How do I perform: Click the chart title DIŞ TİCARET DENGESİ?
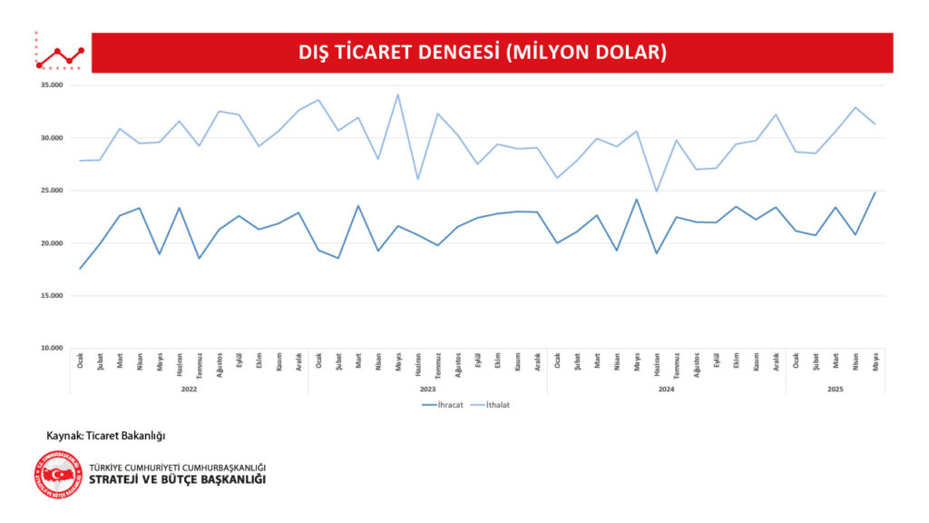pyautogui.click(x=482, y=53)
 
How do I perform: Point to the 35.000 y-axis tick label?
pyautogui.click(x=51, y=85)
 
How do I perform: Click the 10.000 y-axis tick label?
pyautogui.click(x=51, y=348)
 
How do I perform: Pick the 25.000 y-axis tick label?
pyautogui.click(x=51, y=191)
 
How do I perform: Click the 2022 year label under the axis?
pyautogui.click(x=189, y=389)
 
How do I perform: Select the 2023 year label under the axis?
pyautogui.click(x=427, y=389)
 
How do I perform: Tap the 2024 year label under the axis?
pyautogui.click(x=666, y=389)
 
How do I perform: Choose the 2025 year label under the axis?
pyautogui.click(x=835, y=389)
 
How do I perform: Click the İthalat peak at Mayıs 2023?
pyautogui.click(x=397, y=94)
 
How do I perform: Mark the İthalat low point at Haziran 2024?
pyautogui.click(x=656, y=192)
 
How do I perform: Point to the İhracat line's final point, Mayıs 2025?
pyautogui.click(x=875, y=192)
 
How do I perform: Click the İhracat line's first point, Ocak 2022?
pyautogui.click(x=80, y=269)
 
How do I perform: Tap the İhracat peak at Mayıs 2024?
pyautogui.click(x=636, y=199)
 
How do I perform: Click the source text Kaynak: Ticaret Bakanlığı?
pyautogui.click(x=106, y=436)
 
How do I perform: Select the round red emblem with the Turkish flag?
pyautogui.click(x=57, y=474)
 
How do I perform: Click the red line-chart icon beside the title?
pyautogui.click(x=59, y=54)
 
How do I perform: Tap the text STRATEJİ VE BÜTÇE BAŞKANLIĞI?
pyautogui.click(x=177, y=479)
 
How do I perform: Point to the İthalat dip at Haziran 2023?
pyautogui.click(x=417, y=179)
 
